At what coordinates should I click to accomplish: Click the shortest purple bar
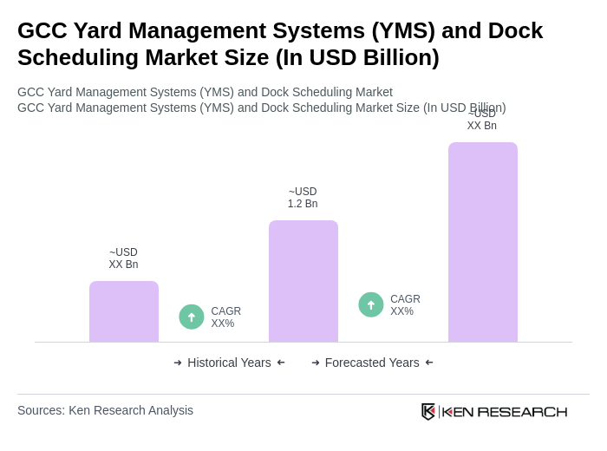point(124,311)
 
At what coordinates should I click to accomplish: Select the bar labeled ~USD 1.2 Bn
point(303,281)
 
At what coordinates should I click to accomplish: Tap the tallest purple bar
point(483,242)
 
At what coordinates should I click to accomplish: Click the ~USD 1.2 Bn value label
point(303,198)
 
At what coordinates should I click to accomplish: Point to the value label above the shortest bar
point(123,258)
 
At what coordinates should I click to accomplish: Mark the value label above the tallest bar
point(482,121)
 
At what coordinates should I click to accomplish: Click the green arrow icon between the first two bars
point(192,317)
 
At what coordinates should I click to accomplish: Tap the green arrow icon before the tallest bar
point(371,304)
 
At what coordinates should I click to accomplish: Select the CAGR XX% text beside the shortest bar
point(225,317)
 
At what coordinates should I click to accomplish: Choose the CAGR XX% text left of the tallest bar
point(405,305)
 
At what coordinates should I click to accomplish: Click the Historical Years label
point(229,363)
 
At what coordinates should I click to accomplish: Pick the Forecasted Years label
point(372,363)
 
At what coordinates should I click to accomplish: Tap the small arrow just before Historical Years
point(178,363)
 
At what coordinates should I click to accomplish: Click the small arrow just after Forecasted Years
point(429,363)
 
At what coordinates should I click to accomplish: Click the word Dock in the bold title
point(512,30)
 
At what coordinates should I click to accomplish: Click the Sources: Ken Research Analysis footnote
point(105,410)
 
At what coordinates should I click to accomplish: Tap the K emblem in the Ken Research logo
point(428,411)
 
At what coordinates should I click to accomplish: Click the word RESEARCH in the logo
point(522,411)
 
